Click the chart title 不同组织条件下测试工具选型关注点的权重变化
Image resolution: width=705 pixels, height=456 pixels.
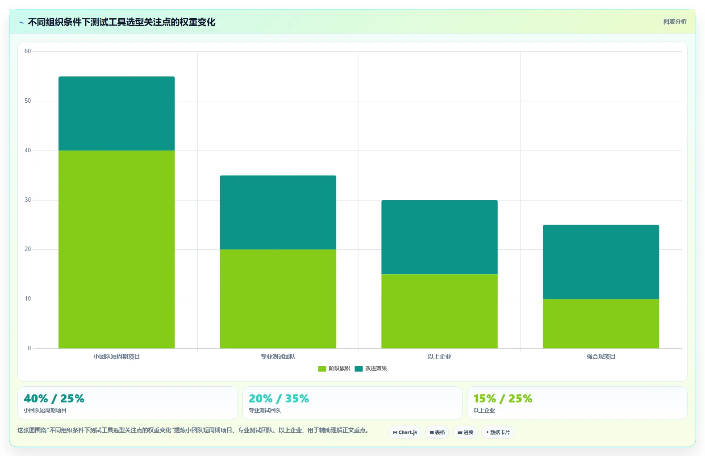coord(121,22)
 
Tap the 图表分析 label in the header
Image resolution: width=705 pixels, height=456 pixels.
coord(675,22)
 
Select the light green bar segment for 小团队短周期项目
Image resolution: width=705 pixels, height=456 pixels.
coord(117,249)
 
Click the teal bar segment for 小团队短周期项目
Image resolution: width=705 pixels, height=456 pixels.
coord(117,113)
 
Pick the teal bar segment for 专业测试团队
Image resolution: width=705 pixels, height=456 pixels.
coord(278,213)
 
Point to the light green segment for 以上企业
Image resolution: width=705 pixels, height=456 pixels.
coord(439,311)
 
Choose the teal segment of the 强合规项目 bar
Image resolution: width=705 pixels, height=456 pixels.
coord(601,262)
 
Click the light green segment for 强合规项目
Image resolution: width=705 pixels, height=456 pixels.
coord(601,324)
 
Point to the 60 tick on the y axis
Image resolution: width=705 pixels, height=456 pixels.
coord(28,51)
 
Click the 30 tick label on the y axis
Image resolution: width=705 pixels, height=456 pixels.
coord(28,200)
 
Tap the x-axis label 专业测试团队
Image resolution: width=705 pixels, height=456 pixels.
coord(278,356)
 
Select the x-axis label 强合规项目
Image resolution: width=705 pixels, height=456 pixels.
coord(601,356)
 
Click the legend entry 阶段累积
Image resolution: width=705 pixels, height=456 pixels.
coord(334,368)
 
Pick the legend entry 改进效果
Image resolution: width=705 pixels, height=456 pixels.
coord(371,368)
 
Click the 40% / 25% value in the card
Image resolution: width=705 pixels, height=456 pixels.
coord(54,399)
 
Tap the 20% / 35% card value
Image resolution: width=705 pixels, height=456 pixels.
coord(279,399)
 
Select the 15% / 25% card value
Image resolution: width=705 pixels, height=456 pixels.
coord(503,399)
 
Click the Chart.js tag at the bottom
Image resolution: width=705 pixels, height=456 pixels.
coord(405,432)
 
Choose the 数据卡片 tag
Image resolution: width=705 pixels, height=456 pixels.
coord(498,432)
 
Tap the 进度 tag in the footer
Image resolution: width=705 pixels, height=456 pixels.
coord(465,432)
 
